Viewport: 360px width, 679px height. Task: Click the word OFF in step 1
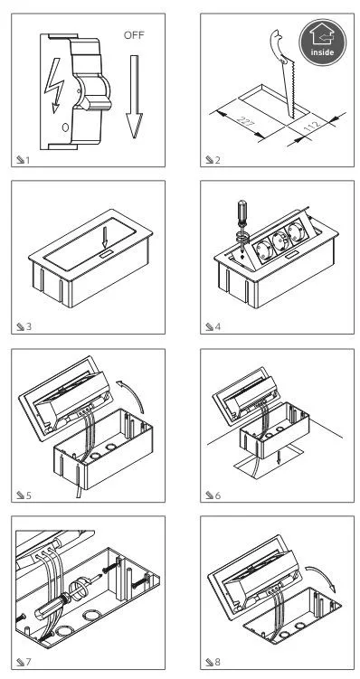[x=134, y=35]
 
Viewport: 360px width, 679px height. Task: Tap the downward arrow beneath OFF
[x=134, y=97]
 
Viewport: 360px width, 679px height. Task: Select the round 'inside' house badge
[x=322, y=42]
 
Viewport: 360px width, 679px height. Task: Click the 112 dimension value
[x=313, y=126]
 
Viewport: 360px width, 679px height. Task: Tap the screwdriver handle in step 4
[x=242, y=212]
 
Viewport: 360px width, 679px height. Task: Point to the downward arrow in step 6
[x=279, y=457]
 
